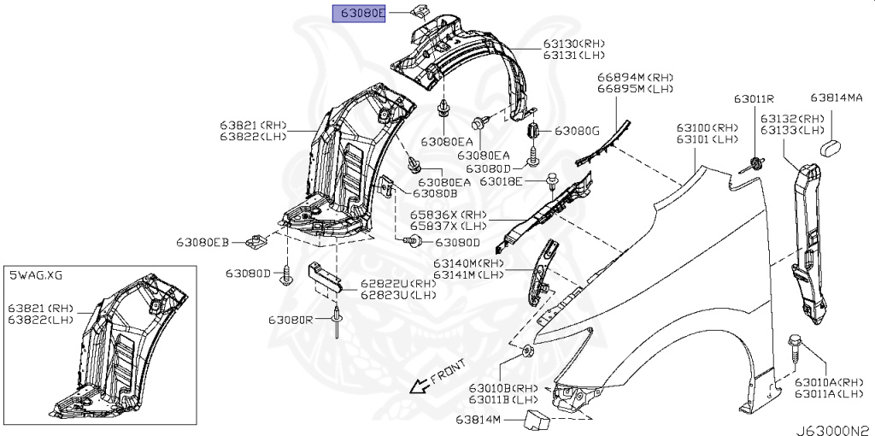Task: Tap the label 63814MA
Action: [837, 98]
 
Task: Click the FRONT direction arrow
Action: [420, 385]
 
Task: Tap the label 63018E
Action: [510, 181]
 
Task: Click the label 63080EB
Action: [203, 243]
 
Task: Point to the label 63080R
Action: [291, 319]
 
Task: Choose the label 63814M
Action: [481, 420]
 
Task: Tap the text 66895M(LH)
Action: [636, 89]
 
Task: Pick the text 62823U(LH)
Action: [397, 295]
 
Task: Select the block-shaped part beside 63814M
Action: [536, 418]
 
